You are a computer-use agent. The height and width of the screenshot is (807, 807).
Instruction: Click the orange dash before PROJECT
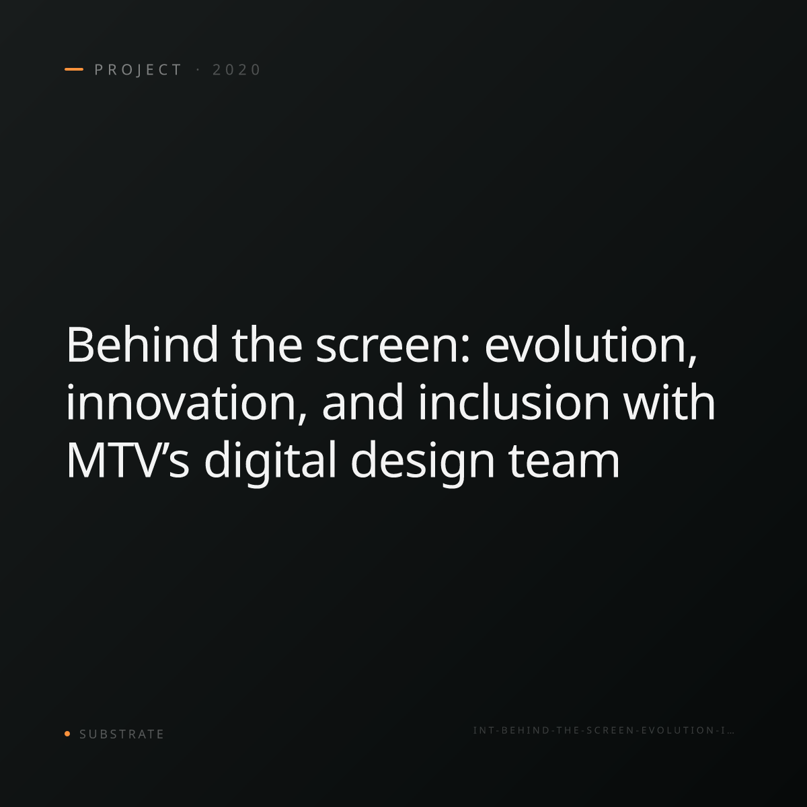pos(74,69)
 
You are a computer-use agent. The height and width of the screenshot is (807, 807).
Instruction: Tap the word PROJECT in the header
pos(139,70)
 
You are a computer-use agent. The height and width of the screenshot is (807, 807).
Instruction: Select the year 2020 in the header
pos(237,70)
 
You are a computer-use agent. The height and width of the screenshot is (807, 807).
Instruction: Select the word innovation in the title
pos(186,402)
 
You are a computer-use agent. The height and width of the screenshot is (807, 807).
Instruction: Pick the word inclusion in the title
pos(514,402)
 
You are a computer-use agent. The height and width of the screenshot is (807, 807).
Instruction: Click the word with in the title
pos(669,402)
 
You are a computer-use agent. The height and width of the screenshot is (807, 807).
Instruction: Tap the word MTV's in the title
pos(128,459)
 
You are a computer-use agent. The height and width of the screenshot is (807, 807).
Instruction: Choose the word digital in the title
pos(270,463)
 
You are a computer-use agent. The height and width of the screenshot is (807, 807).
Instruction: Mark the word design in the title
pos(422,463)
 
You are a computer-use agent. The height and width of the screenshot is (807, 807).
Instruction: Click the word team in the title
pos(564,461)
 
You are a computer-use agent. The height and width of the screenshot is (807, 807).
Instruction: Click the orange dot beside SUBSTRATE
pos(67,733)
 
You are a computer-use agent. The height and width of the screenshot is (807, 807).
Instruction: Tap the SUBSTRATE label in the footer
pos(122,734)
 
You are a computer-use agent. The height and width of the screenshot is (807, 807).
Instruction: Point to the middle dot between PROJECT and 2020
pos(198,69)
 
